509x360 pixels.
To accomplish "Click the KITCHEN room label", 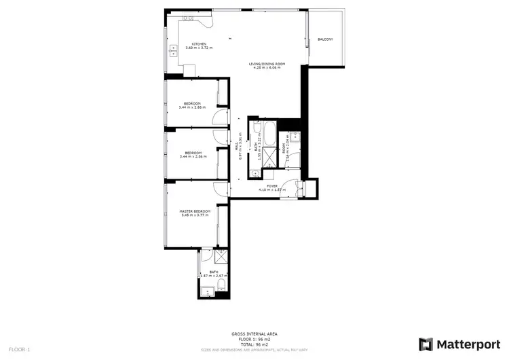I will coord(199,43).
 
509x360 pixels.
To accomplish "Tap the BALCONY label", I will coord(326,39).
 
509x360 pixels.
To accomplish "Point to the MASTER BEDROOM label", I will coord(195,211).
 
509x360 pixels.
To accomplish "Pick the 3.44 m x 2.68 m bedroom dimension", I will coord(192,107).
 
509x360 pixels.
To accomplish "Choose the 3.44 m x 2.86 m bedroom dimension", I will coord(192,157).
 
